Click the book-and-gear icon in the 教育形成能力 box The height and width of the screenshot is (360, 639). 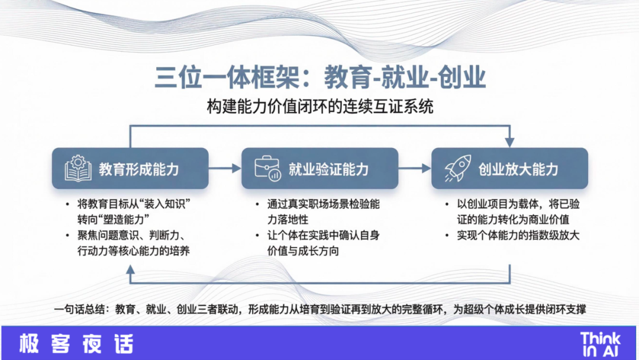tap(78, 168)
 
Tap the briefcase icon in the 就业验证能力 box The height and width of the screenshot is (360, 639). tap(267, 168)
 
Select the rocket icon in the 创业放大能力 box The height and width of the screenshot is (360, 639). tap(457, 168)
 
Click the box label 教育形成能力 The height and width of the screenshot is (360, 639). tap(139, 169)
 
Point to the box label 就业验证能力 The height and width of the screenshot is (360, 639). tap(329, 169)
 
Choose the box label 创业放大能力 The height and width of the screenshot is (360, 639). tap(518, 169)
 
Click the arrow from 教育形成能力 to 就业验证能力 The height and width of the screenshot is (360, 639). tap(225, 168)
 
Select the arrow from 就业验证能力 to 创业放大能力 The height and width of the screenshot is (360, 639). tap(415, 168)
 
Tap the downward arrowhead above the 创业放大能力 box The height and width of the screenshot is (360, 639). tap(509, 142)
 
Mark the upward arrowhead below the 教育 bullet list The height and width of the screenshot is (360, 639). tap(130, 269)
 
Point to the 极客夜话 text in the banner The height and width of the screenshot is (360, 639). tap(76, 343)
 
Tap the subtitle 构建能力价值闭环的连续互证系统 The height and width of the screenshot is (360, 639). tap(320, 107)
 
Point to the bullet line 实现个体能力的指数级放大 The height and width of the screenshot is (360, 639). tap(518, 235)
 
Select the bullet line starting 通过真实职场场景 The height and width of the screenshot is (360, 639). tap(323, 211)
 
